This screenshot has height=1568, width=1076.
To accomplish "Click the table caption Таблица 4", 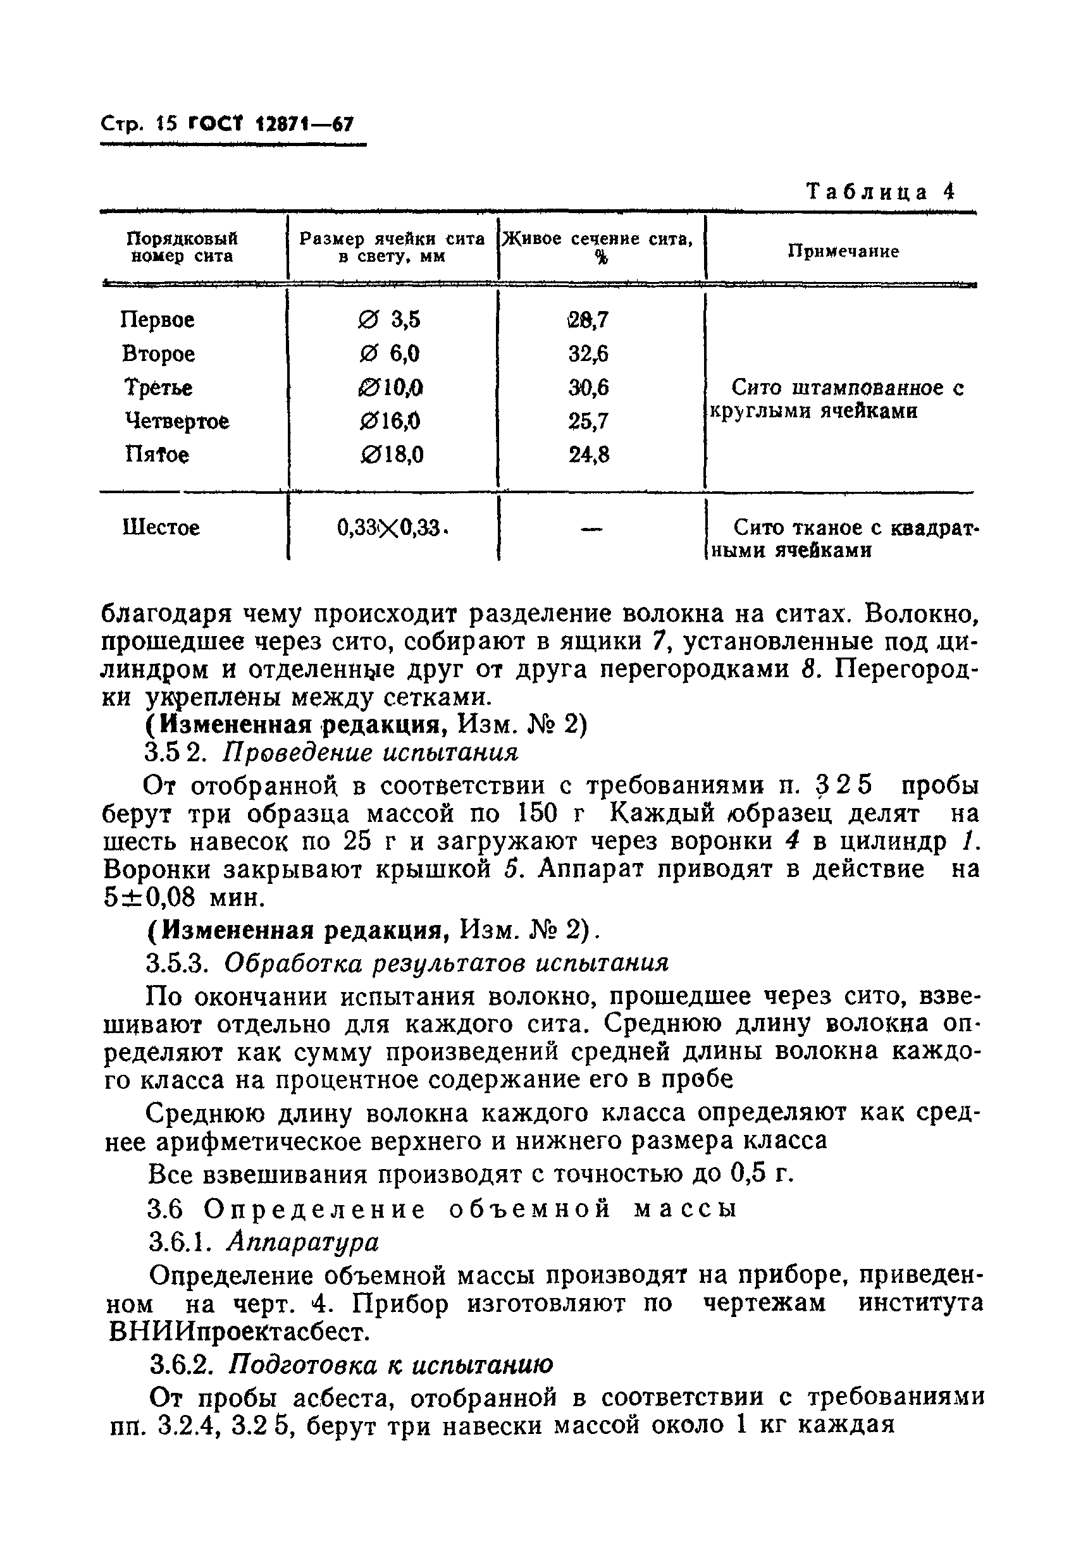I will (x=881, y=192).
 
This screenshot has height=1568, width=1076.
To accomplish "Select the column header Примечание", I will (x=843, y=251).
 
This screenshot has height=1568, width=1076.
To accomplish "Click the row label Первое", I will (x=158, y=319).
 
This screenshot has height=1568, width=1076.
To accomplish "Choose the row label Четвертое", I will (x=177, y=421).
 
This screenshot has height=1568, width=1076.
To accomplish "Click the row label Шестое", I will (x=161, y=527).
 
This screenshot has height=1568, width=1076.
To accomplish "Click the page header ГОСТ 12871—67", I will (x=271, y=124).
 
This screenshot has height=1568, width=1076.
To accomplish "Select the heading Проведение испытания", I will (x=371, y=752).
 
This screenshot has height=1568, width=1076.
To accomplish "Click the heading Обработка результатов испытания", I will (x=446, y=962).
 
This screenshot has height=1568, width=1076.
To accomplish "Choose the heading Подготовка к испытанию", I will (x=391, y=1364).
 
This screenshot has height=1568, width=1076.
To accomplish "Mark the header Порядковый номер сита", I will (x=182, y=247).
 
